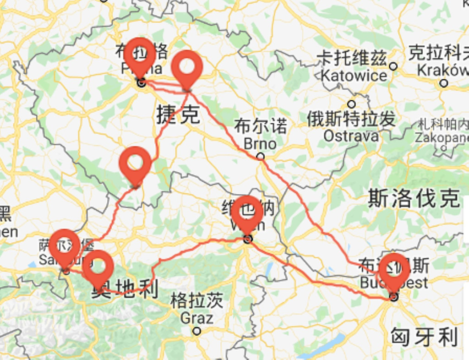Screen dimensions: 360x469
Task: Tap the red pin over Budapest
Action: click(x=394, y=270)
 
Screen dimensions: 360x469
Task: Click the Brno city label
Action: click(x=260, y=143)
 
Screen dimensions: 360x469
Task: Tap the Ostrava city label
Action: click(x=351, y=136)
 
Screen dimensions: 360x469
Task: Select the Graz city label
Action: click(x=196, y=317)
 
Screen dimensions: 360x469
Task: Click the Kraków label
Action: click(x=442, y=71)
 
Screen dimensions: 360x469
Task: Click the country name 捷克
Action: click(x=178, y=114)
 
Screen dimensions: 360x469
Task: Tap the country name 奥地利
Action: click(x=125, y=289)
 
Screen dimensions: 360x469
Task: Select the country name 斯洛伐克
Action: click(x=414, y=198)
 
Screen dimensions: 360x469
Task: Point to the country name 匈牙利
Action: click(x=424, y=337)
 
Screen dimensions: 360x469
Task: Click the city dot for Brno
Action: click(x=260, y=156)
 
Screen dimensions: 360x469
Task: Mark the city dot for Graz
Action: click(x=196, y=331)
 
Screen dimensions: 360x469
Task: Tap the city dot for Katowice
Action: click(x=393, y=66)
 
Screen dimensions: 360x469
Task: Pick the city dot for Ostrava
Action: click(x=351, y=104)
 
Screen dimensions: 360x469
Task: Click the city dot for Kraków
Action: click(x=443, y=83)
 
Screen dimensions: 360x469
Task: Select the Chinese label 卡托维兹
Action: click(x=352, y=59)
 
